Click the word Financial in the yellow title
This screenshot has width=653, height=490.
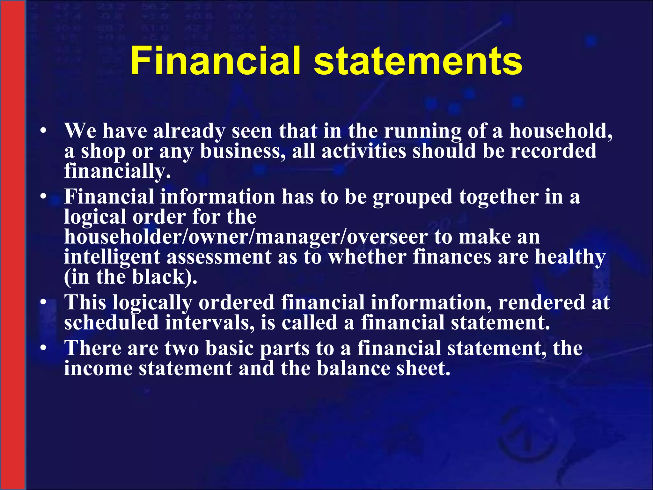point(215,61)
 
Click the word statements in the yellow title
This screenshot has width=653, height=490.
point(418,61)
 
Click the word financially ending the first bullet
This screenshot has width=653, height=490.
point(117,171)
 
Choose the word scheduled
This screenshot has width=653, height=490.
point(111,323)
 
